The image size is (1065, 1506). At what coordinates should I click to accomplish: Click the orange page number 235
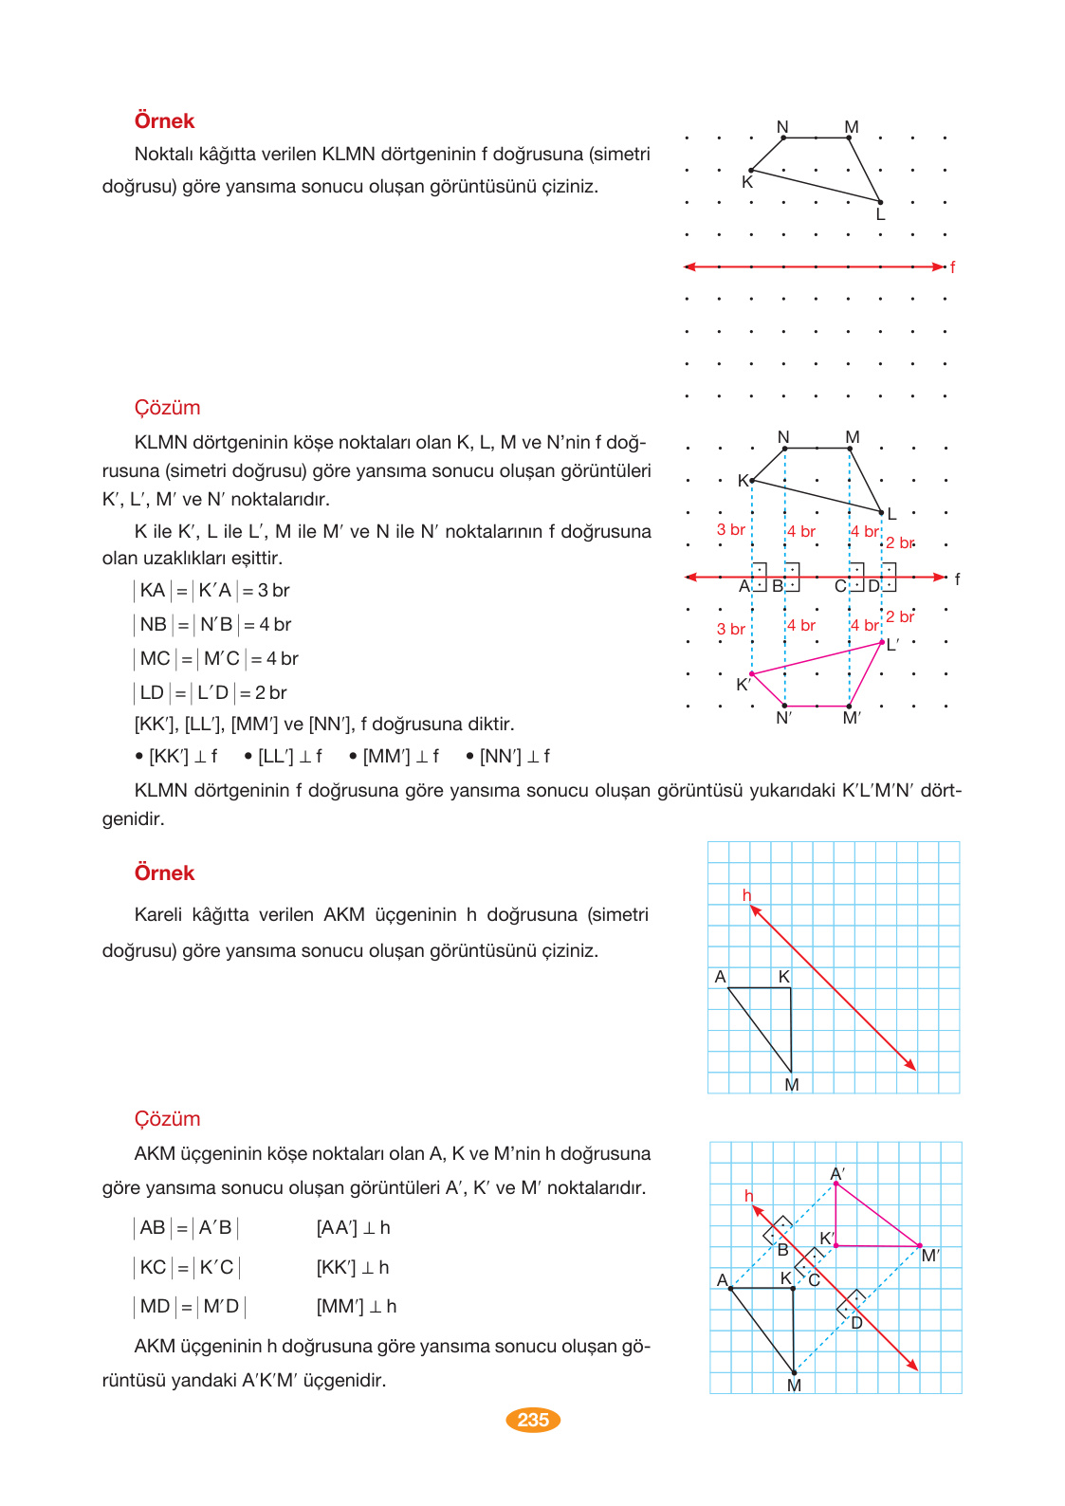533,1420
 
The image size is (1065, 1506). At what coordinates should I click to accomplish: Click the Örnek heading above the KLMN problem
164,121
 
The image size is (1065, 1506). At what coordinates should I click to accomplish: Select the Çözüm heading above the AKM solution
167,1119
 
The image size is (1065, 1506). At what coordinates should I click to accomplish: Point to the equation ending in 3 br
211,591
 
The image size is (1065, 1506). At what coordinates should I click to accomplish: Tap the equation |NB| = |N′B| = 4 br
212,625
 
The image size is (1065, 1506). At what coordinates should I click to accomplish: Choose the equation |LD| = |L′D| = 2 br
211,693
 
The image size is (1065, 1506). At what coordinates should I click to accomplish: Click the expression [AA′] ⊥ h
353,1228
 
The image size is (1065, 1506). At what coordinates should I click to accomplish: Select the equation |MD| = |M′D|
190,1307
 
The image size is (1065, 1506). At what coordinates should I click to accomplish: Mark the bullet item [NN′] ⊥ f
508,757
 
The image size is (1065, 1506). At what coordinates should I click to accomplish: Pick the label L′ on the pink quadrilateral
892,646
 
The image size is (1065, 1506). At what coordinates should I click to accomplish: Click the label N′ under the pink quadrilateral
783,718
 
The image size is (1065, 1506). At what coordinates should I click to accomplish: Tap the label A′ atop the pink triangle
837,1174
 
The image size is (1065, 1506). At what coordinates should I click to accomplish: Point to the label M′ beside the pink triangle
930,1256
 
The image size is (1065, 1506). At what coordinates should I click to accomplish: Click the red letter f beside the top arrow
952,267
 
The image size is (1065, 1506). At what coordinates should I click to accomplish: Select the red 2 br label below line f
900,617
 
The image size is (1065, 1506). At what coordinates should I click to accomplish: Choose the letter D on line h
856,1323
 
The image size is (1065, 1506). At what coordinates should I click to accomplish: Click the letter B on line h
782,1250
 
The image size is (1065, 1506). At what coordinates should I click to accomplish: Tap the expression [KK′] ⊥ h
353,1268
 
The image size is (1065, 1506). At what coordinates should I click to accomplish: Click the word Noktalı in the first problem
163,155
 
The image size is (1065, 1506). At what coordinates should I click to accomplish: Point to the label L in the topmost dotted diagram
880,215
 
